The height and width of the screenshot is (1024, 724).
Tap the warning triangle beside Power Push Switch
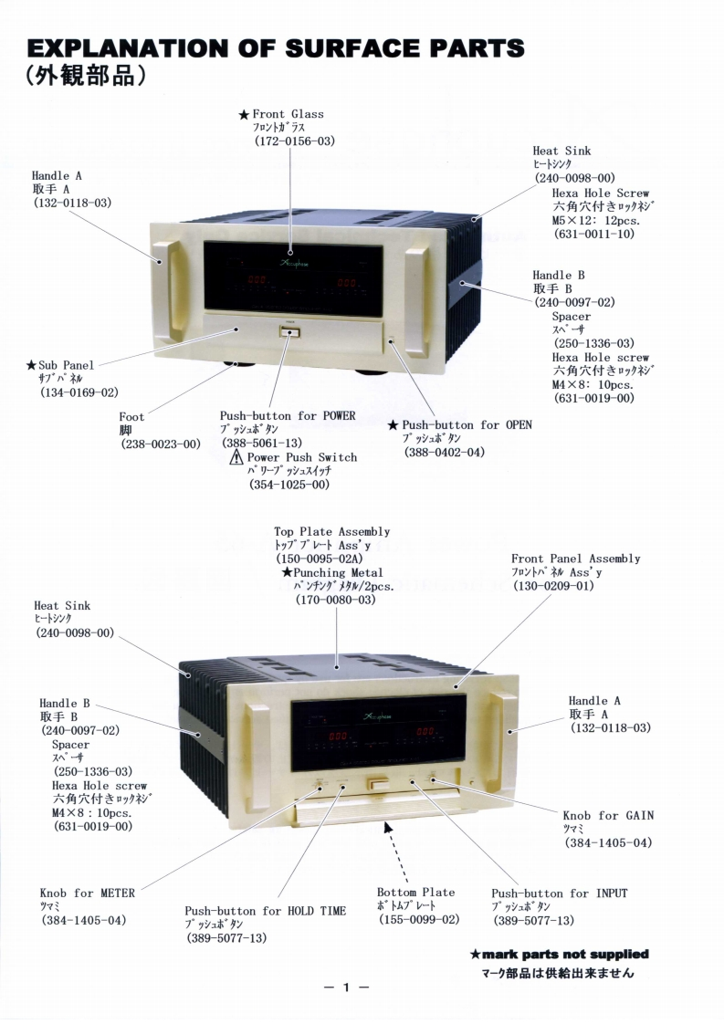pyautogui.click(x=236, y=457)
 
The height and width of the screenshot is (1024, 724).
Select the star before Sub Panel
pyautogui.click(x=31, y=365)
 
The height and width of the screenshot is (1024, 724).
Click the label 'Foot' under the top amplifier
pyautogui.click(x=131, y=417)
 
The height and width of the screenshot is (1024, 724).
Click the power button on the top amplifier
pyautogui.click(x=290, y=332)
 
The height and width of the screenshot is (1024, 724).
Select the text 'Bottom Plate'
pyautogui.click(x=415, y=892)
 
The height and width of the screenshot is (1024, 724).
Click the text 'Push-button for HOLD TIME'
pyautogui.click(x=266, y=911)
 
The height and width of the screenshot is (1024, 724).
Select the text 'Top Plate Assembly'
pyautogui.click(x=332, y=531)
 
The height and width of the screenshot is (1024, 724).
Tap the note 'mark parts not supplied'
pyautogui.click(x=565, y=955)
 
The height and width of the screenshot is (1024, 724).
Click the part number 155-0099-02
pyautogui.click(x=419, y=919)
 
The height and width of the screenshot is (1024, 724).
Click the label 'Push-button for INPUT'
pyautogui.click(x=559, y=893)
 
